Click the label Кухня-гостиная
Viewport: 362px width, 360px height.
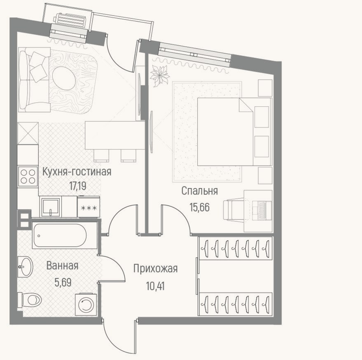77,172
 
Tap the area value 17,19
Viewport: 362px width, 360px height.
78,186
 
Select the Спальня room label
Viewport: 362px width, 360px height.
199,191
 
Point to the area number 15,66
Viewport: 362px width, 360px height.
199,207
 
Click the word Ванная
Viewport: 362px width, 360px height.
62,266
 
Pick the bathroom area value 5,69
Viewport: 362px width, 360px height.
63,282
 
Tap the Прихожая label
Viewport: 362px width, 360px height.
155,269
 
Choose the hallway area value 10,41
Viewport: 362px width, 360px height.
155,286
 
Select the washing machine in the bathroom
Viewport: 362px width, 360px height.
86,304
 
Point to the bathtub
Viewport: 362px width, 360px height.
64,235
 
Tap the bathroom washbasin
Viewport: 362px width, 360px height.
26,267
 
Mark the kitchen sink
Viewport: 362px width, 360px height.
51,207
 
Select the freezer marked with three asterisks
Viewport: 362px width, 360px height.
89,207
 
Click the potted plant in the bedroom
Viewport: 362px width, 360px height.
160,75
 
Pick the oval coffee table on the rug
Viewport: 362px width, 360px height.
64,78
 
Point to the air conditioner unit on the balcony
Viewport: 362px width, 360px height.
71,19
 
